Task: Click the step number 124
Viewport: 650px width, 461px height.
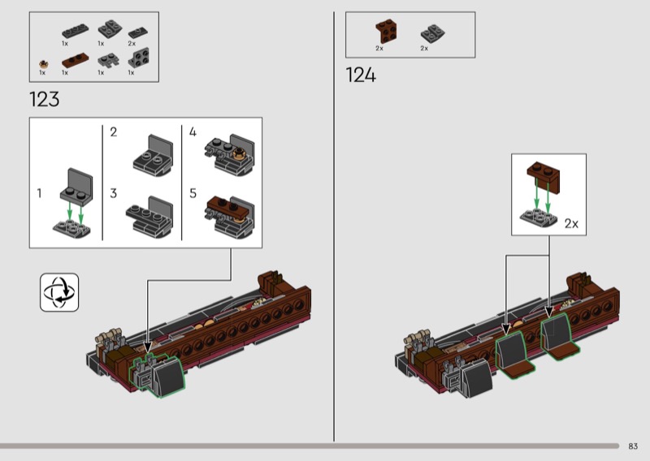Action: tap(361, 75)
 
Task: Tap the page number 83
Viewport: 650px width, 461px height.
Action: tap(633, 446)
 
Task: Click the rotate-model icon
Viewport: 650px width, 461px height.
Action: tap(59, 292)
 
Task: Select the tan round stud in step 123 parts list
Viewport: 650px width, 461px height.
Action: tap(42, 62)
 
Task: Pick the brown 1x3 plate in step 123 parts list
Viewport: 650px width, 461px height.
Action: tap(76, 60)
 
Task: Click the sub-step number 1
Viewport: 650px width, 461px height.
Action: tap(40, 193)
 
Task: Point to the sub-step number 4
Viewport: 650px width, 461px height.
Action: tap(193, 131)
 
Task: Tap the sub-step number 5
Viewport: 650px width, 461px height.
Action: tap(193, 194)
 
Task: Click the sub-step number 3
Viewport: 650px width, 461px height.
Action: tap(114, 194)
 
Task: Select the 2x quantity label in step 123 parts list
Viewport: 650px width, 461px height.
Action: tap(132, 43)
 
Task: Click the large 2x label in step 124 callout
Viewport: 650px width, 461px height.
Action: tap(570, 222)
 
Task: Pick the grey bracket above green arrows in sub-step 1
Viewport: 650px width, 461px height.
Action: tap(75, 184)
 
